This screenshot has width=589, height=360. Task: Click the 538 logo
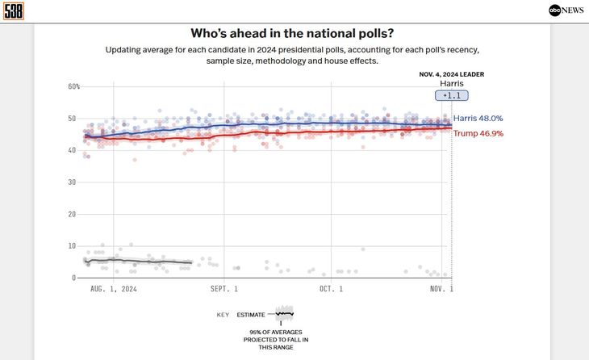14,11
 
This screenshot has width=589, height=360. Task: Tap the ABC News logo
566,10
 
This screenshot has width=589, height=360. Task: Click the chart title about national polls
292,33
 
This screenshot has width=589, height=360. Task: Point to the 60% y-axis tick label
74,86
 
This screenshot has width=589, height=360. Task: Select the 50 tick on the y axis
72,119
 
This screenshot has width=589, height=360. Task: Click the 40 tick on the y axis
72,150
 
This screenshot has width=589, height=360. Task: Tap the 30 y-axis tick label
72,182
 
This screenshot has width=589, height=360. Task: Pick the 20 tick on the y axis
72,214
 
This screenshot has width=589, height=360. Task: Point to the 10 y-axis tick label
72,246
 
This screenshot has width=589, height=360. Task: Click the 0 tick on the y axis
74,278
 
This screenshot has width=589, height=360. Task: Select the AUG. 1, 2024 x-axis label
114,289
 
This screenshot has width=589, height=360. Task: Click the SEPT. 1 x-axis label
223,289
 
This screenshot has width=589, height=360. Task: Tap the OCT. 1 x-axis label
331,289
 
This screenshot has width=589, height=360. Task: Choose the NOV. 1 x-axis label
441,289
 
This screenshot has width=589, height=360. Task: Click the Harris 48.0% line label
478,119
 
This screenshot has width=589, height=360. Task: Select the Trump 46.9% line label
478,134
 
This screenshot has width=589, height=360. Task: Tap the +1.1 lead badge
452,96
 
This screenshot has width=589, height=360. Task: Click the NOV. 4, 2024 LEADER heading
452,74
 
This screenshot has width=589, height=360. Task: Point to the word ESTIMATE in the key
251,315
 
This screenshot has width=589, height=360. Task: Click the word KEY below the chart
223,315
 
